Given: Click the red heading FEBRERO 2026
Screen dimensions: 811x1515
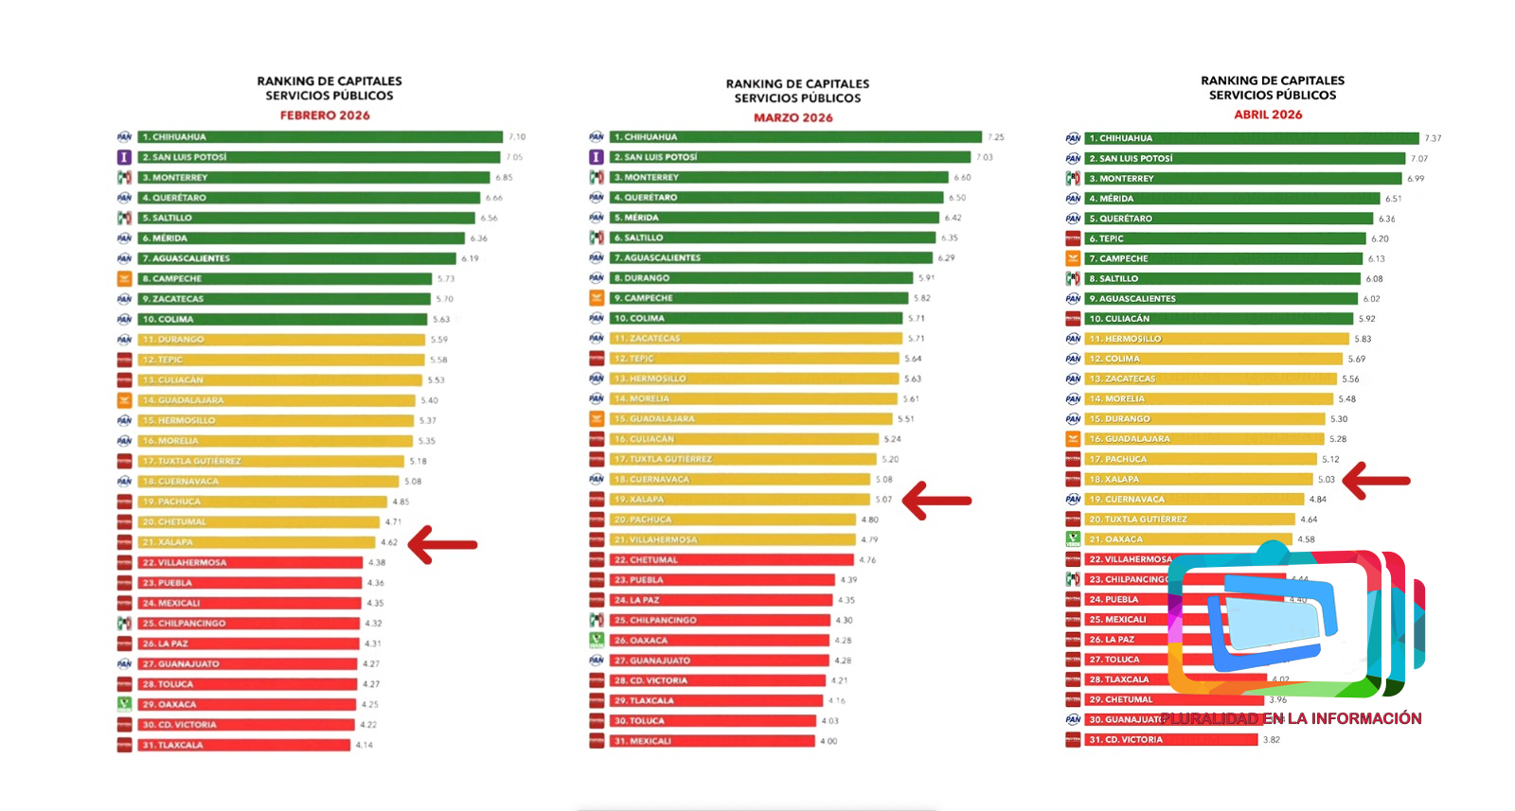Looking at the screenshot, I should [325, 115].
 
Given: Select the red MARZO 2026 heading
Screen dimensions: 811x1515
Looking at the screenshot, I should [793, 118].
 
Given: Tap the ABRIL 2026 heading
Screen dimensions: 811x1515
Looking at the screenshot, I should [1268, 115].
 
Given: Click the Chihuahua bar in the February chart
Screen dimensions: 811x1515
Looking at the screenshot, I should [320, 137].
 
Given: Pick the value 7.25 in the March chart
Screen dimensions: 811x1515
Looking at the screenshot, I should [995, 137].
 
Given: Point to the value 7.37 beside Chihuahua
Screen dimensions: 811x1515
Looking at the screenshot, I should [1433, 138].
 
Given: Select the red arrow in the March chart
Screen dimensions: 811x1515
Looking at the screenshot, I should [936, 501].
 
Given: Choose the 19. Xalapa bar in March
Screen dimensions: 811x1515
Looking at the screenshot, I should [739, 500].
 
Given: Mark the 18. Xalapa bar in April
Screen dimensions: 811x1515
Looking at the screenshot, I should [1199, 480].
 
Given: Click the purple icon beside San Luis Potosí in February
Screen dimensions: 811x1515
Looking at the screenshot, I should [124, 157].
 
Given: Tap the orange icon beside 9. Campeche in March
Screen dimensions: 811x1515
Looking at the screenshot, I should [597, 298].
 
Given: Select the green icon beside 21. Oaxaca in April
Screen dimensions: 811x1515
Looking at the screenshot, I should [1073, 539].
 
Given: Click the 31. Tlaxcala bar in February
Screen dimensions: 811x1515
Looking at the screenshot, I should [244, 745].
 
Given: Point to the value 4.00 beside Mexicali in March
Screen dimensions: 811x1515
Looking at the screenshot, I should [829, 741].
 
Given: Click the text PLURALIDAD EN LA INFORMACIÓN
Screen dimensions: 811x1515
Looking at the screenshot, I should [1292, 718].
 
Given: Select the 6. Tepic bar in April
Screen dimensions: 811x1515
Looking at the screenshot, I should [1225, 238].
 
